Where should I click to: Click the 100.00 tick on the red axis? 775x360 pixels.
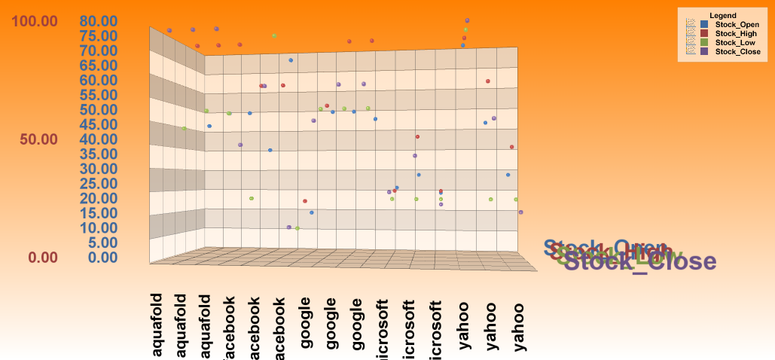pyautogui.click(x=33, y=21)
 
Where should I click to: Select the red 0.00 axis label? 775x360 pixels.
pyautogui.click(x=43, y=258)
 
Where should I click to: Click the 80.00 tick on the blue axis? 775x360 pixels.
pyautogui.click(x=98, y=21)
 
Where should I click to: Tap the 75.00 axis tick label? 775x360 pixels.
pyautogui.click(x=98, y=36)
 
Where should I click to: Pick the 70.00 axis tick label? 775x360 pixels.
pyautogui.click(x=98, y=50)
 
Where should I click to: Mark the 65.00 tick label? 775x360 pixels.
pyautogui.click(x=98, y=66)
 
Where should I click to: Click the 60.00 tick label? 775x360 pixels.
pyautogui.click(x=98, y=81)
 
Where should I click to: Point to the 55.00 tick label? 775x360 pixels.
pyautogui.click(x=98, y=95)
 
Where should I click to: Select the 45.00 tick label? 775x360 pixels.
pyautogui.click(x=98, y=124)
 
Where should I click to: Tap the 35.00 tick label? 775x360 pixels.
pyautogui.click(x=98, y=154)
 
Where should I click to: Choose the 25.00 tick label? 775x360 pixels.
pyautogui.click(x=98, y=184)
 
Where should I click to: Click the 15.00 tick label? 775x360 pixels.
pyautogui.click(x=98, y=213)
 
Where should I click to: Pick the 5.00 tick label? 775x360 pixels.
pyautogui.click(x=102, y=243)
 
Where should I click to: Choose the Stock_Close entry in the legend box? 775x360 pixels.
pyautogui.click(x=737, y=52)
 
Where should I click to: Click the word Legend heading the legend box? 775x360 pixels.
pyautogui.click(x=722, y=16)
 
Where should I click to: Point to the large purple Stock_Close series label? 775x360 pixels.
pyautogui.click(x=640, y=262)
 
